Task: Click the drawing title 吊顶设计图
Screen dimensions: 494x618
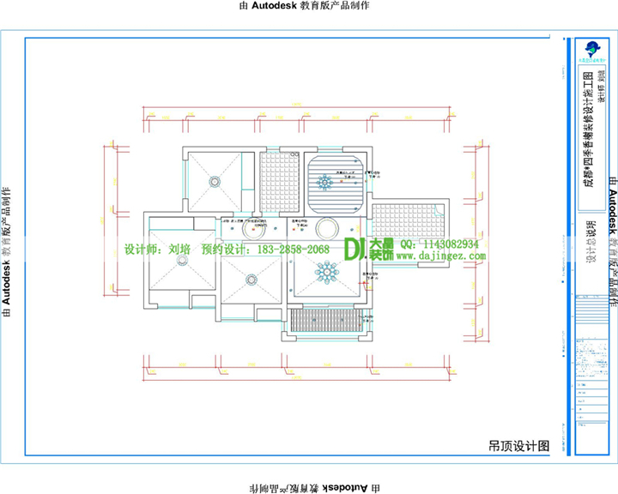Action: click(518, 446)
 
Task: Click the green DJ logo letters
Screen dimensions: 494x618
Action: click(355, 249)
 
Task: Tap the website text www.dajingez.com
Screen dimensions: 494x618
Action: click(443, 256)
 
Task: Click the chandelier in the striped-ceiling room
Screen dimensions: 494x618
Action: click(325, 182)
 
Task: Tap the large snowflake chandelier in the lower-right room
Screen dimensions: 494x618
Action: click(326, 273)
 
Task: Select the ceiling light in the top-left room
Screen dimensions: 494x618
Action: click(213, 181)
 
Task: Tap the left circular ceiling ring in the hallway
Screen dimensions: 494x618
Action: click(252, 228)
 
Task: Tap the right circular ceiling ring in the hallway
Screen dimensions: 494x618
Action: click(326, 229)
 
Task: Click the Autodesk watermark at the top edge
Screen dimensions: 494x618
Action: click(308, 6)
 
